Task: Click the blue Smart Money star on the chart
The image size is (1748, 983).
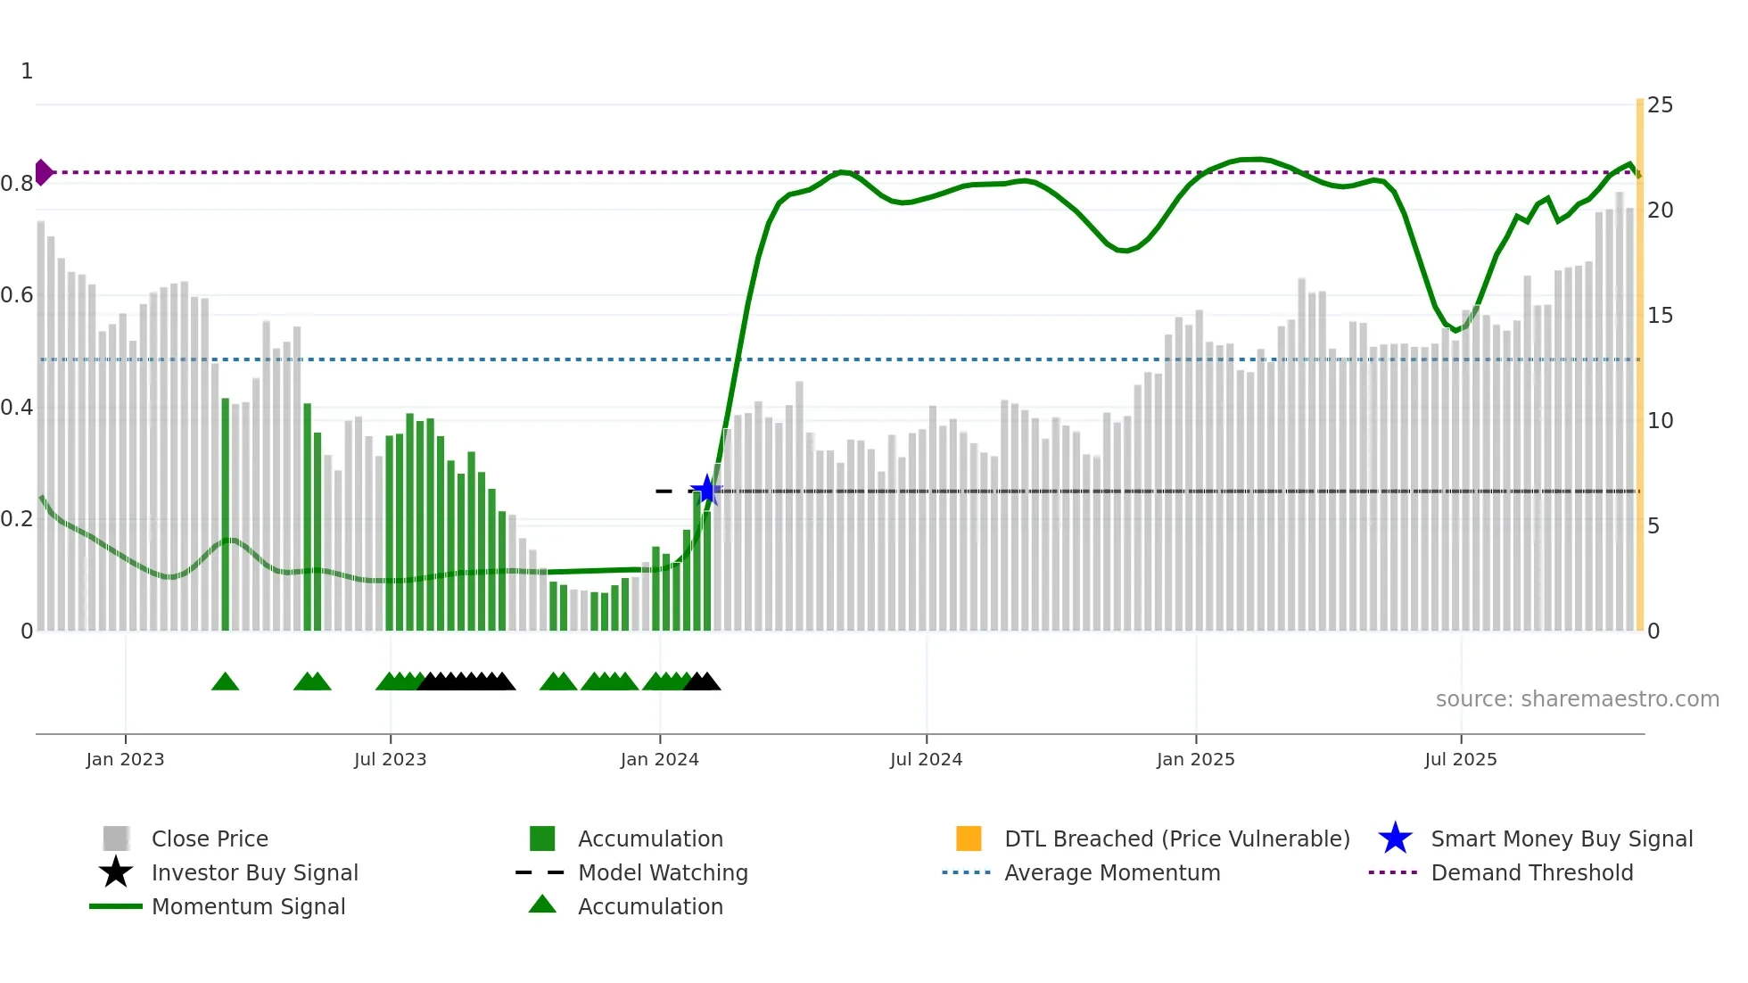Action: point(706,490)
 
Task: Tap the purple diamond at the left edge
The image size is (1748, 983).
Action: point(43,172)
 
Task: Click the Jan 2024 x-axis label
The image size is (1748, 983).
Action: point(659,759)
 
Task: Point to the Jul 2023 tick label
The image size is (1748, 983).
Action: point(390,759)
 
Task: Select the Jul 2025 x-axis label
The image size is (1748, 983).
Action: point(1460,759)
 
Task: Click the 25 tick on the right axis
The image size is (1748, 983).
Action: point(1660,105)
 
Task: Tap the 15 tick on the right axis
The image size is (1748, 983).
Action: point(1660,316)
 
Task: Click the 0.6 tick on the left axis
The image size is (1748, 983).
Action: point(17,295)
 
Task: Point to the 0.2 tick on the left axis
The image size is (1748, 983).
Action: point(17,519)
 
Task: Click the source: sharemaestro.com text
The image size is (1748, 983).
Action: point(1577,699)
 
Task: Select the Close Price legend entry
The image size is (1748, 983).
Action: point(210,838)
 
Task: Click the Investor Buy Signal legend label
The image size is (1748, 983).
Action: point(254,872)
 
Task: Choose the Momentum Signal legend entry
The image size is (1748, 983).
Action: point(248,906)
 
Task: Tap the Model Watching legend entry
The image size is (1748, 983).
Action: point(663,872)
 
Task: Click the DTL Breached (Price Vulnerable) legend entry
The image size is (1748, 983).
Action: point(1176,838)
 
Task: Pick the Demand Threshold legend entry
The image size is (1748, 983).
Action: point(1531,872)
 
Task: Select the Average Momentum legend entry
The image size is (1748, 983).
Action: point(1111,872)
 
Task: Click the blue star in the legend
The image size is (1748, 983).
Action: point(1395,838)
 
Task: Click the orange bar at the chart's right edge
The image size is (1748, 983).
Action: point(1639,366)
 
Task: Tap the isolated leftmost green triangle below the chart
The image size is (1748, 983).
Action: point(225,682)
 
